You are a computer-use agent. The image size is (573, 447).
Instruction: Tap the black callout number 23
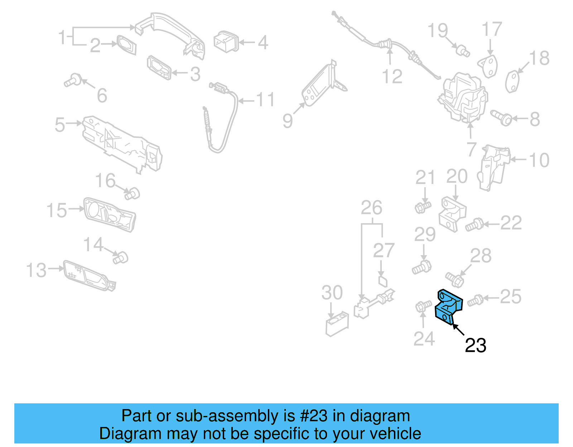[475, 345]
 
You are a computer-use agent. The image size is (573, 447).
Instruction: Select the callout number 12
[392, 77]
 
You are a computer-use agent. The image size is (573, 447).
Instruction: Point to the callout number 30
[332, 293]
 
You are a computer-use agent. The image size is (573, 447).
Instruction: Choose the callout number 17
[492, 29]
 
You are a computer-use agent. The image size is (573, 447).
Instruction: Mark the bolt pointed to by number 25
[475, 300]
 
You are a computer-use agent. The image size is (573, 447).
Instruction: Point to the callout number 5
[60, 125]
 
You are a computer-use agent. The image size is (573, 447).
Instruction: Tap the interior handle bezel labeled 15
[109, 214]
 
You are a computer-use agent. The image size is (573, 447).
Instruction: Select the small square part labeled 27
[382, 281]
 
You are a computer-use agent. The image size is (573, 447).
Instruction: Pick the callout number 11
[265, 100]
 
